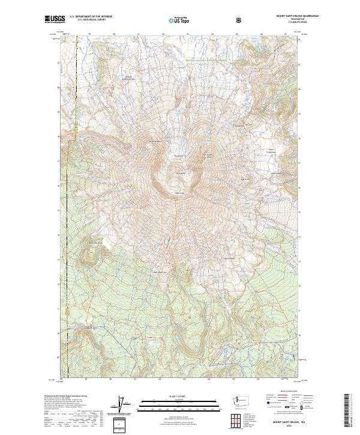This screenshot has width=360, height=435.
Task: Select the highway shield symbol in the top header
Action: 239,20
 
